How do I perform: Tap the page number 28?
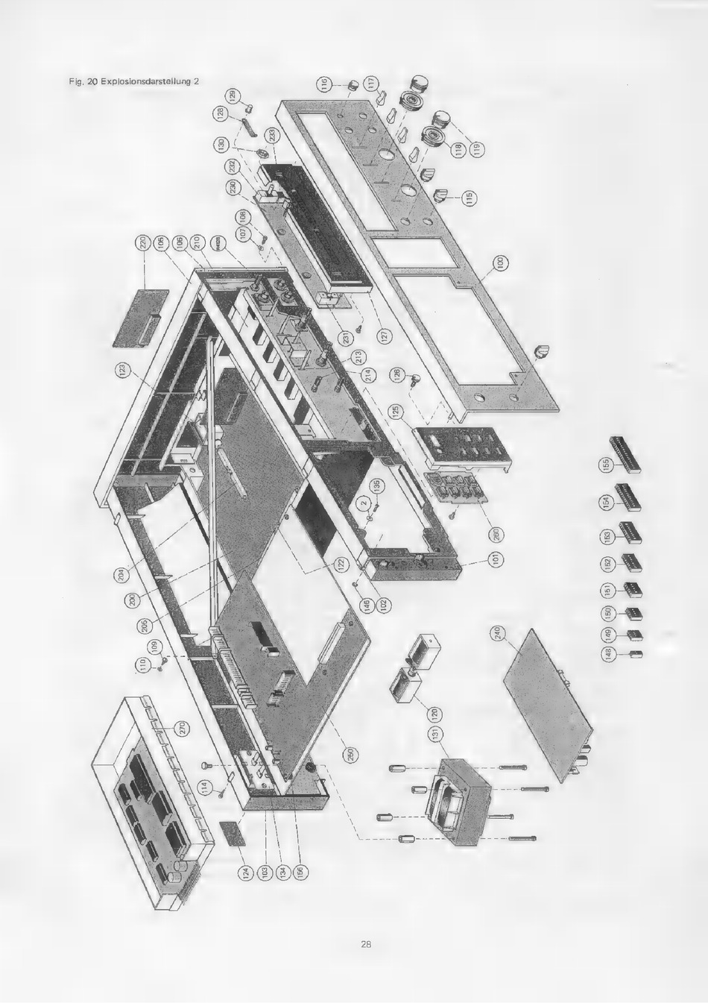click(366, 945)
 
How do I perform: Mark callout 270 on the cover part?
click(181, 729)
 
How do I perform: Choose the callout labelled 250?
click(350, 754)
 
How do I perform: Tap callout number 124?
click(244, 870)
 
